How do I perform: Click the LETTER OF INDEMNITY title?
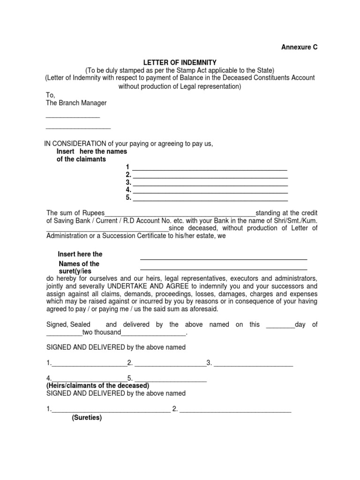[x=180, y=62]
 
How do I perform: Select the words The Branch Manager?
[x=76, y=103]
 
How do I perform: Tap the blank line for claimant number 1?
[x=210, y=169]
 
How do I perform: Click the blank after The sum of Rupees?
[x=180, y=213]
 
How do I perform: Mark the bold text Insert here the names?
[x=92, y=151]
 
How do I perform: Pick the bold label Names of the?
[x=79, y=264]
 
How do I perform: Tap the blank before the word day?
[x=280, y=325]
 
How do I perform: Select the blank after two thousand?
[x=154, y=333]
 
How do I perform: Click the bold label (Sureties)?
[x=87, y=418]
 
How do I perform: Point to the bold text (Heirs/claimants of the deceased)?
[x=98, y=385]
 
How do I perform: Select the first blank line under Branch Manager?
[x=73, y=117]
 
